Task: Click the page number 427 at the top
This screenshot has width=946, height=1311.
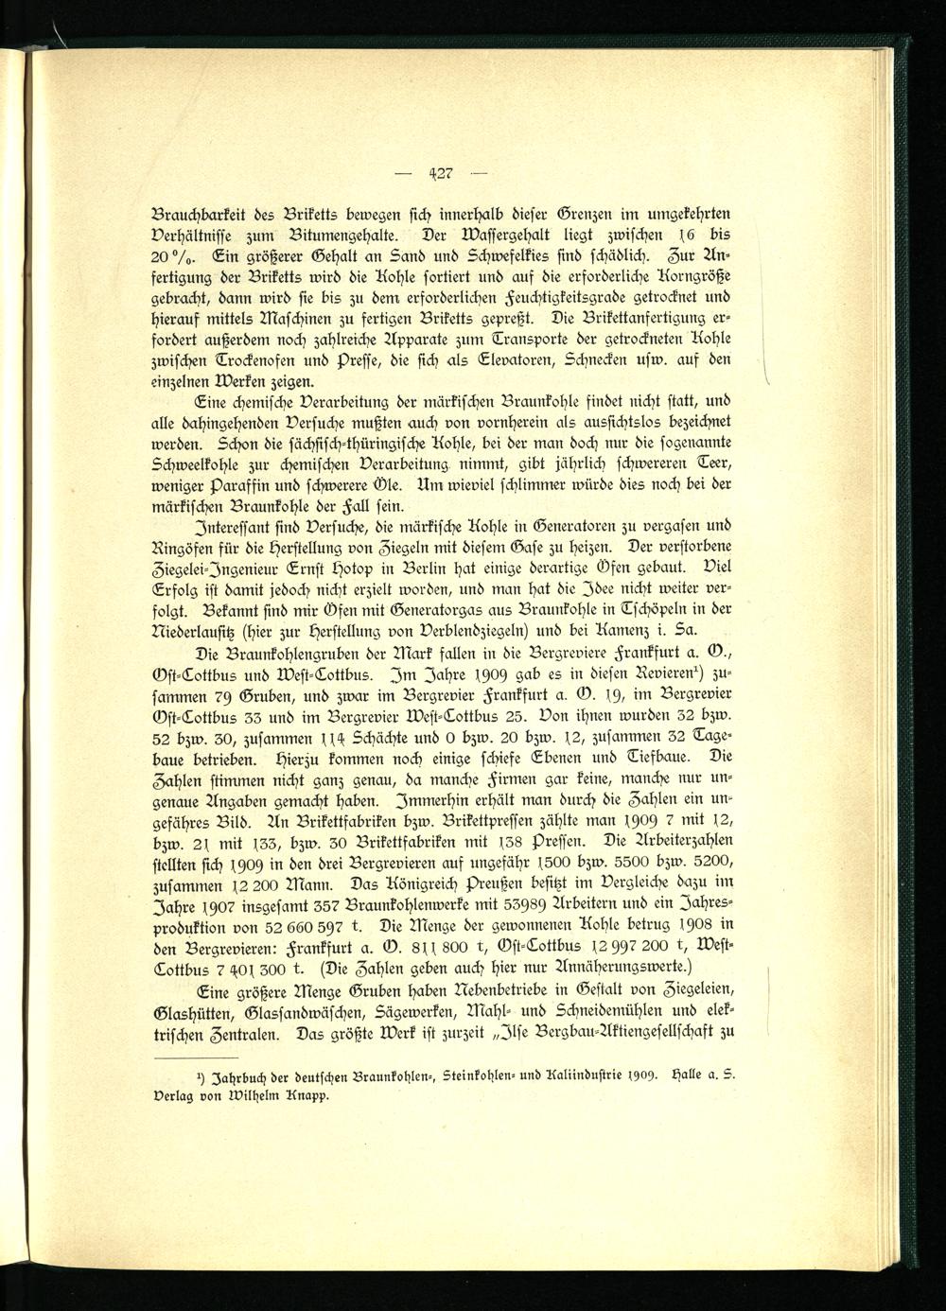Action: click(x=442, y=172)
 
